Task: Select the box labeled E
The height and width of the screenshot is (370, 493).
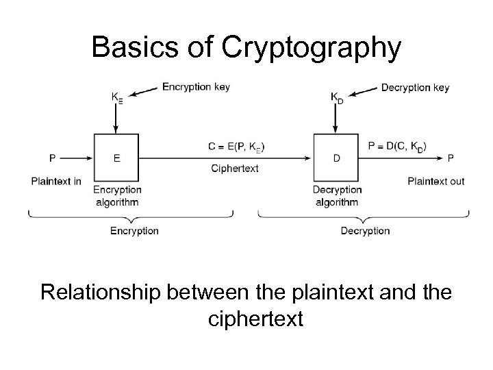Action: point(116,158)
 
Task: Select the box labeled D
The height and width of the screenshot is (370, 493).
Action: point(336,158)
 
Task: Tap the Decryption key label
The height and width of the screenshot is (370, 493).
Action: point(415,87)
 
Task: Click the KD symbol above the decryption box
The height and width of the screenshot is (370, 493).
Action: point(337,98)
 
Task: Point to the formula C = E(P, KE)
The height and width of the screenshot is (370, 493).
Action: point(236,147)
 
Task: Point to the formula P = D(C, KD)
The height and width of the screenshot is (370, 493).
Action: point(397,147)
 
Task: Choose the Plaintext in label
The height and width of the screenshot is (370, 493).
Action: point(56,181)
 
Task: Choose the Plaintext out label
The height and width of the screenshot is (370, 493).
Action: point(435,181)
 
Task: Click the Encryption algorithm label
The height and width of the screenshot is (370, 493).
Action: point(116,195)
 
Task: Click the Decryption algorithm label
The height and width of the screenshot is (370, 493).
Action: point(336,195)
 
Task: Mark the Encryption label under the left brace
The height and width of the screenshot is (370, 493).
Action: point(134,231)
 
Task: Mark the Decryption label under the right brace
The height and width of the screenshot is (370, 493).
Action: point(365,231)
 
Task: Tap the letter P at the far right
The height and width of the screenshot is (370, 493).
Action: point(450,158)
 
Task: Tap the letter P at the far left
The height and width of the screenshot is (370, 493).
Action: point(52,158)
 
